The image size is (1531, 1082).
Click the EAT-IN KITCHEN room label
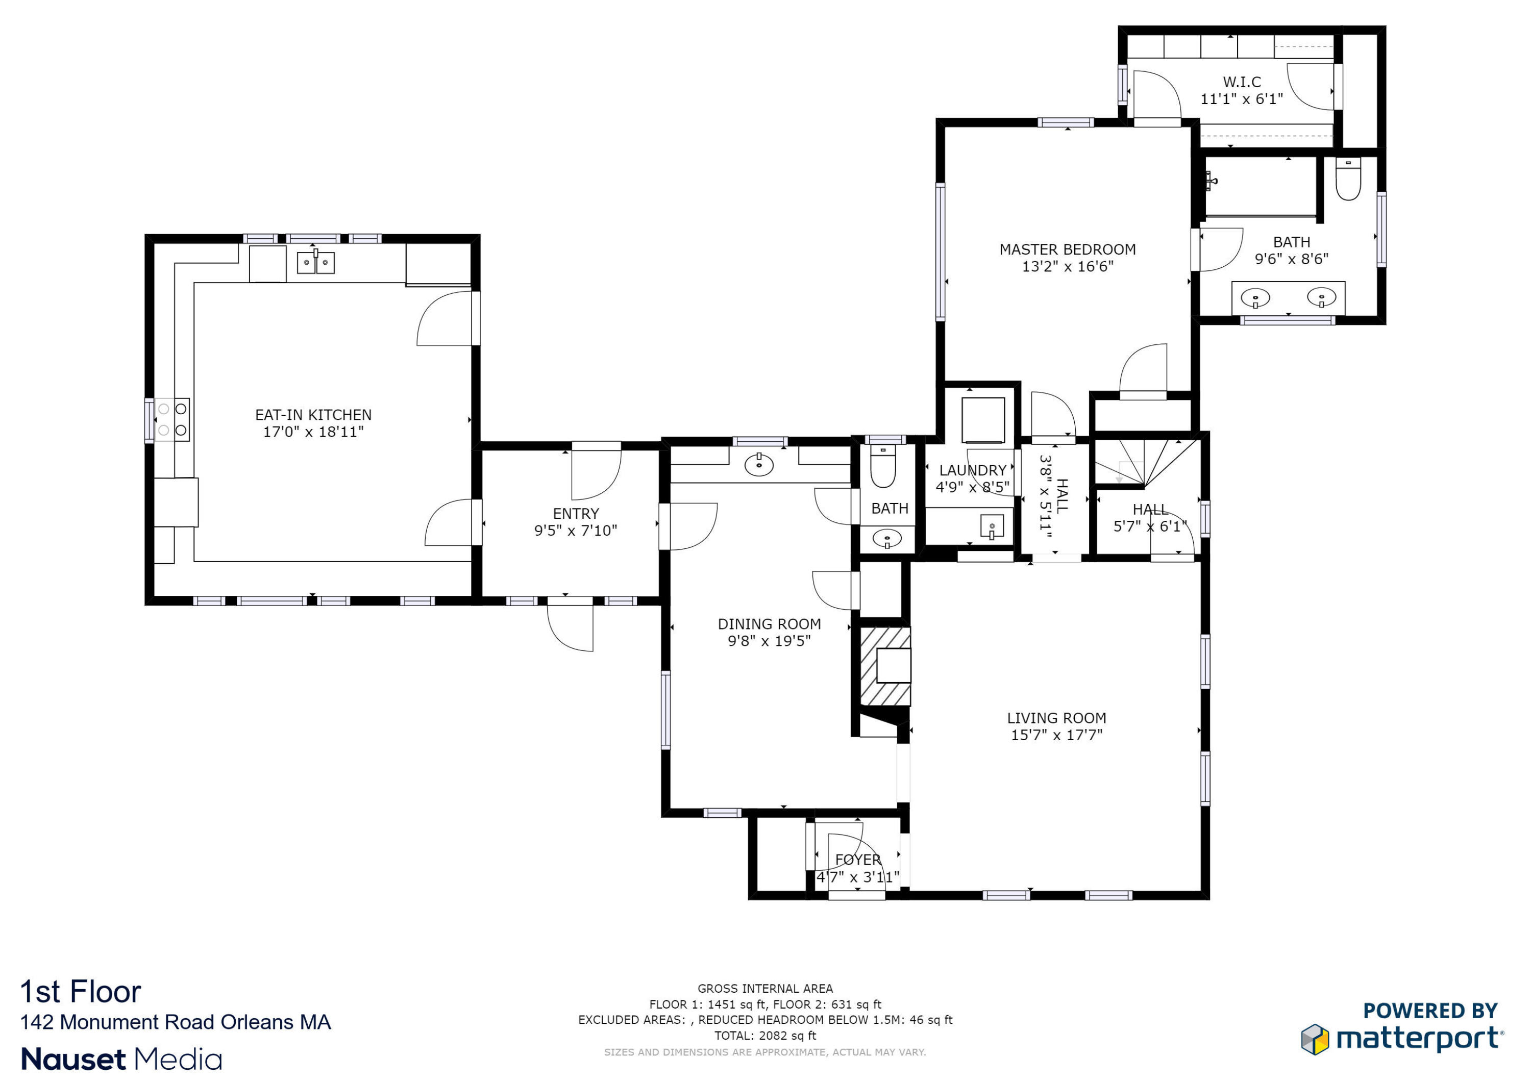[x=313, y=415]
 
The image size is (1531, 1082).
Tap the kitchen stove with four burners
[x=172, y=419]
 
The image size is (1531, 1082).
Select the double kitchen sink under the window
[x=315, y=263]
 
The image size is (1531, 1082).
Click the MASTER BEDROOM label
[x=1067, y=249]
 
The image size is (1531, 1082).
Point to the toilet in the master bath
[x=1348, y=180]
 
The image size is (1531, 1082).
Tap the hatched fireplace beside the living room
[x=884, y=665]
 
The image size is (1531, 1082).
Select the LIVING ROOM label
[x=1056, y=718]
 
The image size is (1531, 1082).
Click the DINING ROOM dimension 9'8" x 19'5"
[x=769, y=641]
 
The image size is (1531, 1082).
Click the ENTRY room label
[x=576, y=513]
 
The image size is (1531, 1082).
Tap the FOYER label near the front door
[x=857, y=860]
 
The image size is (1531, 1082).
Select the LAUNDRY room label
[x=972, y=470]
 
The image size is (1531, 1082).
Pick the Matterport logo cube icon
[x=1314, y=1039]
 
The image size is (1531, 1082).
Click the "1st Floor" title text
[x=81, y=992]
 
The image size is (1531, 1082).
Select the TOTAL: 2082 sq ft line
[x=765, y=1036]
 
